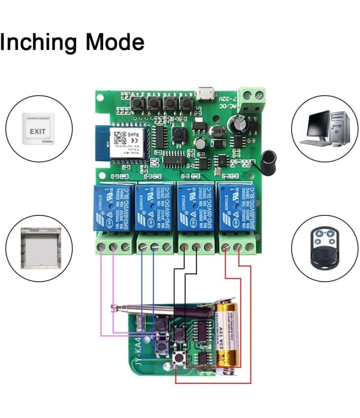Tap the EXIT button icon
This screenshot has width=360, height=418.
click(x=38, y=129)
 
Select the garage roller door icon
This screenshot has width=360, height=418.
click(x=40, y=248)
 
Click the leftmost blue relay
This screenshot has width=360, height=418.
click(x=114, y=206)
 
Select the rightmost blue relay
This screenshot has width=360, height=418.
click(x=237, y=206)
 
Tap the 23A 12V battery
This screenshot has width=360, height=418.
click(x=227, y=335)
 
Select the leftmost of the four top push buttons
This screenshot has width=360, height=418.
click(x=138, y=103)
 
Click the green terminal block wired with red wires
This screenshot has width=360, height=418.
click(x=238, y=247)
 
